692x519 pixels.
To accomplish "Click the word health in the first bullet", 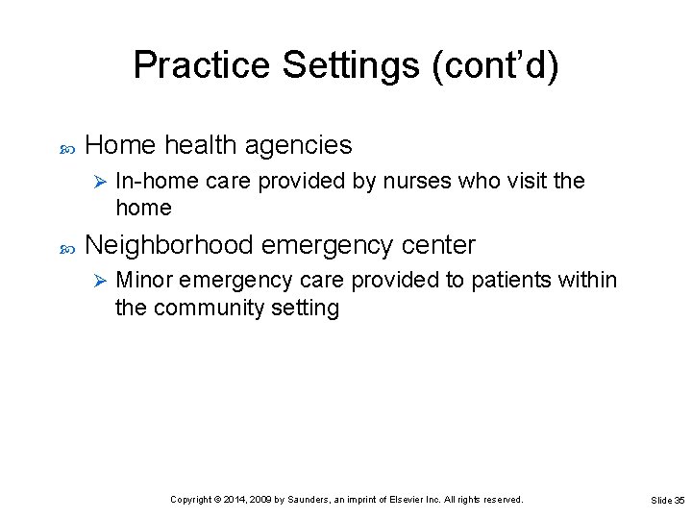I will (x=200, y=145).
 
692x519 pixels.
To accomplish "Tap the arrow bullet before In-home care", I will (x=96, y=181).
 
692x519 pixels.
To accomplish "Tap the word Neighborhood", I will (x=169, y=245).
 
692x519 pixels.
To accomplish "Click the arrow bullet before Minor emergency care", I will (x=96, y=281).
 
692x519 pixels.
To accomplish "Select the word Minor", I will (x=144, y=281).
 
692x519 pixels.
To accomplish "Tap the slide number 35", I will (x=680, y=501).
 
